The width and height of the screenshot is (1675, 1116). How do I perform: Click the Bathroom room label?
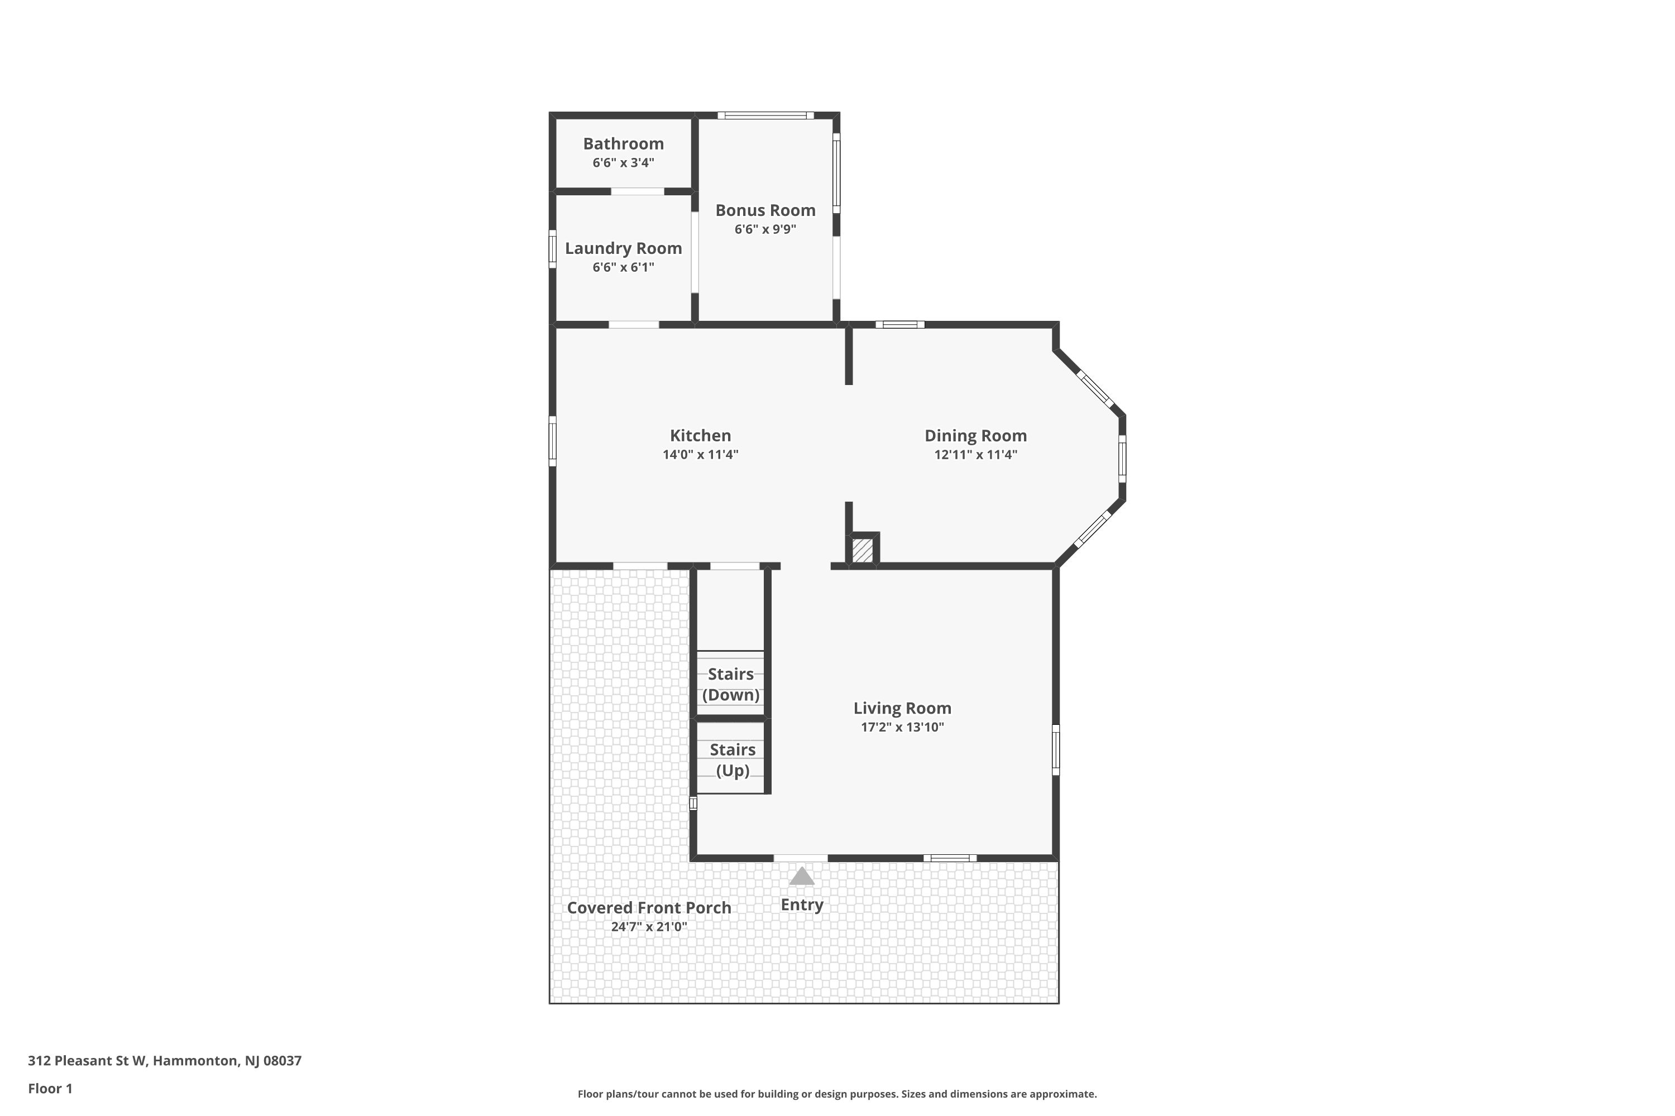point(623,144)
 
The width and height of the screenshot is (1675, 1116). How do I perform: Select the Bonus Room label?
point(765,211)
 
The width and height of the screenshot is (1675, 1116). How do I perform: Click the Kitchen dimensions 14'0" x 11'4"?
point(700,455)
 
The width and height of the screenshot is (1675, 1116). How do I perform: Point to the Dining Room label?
point(975,436)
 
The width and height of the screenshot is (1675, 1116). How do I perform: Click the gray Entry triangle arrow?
point(801,876)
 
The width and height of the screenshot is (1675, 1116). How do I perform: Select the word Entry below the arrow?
point(801,905)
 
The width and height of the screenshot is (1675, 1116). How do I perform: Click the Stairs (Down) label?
point(731,684)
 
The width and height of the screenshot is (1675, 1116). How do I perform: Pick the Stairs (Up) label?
point(732,759)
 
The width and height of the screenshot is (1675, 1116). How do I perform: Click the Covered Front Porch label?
point(649,908)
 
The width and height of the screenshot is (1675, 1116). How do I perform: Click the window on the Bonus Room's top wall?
point(765,116)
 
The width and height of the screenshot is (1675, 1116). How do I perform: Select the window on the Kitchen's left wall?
point(552,441)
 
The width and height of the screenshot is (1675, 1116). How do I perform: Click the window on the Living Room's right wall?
point(1055,749)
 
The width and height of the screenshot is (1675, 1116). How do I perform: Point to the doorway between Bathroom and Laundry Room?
point(638,191)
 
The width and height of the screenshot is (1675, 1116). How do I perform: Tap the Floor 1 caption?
point(50,1088)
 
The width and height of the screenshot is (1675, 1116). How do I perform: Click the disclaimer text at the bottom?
point(837,1094)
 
